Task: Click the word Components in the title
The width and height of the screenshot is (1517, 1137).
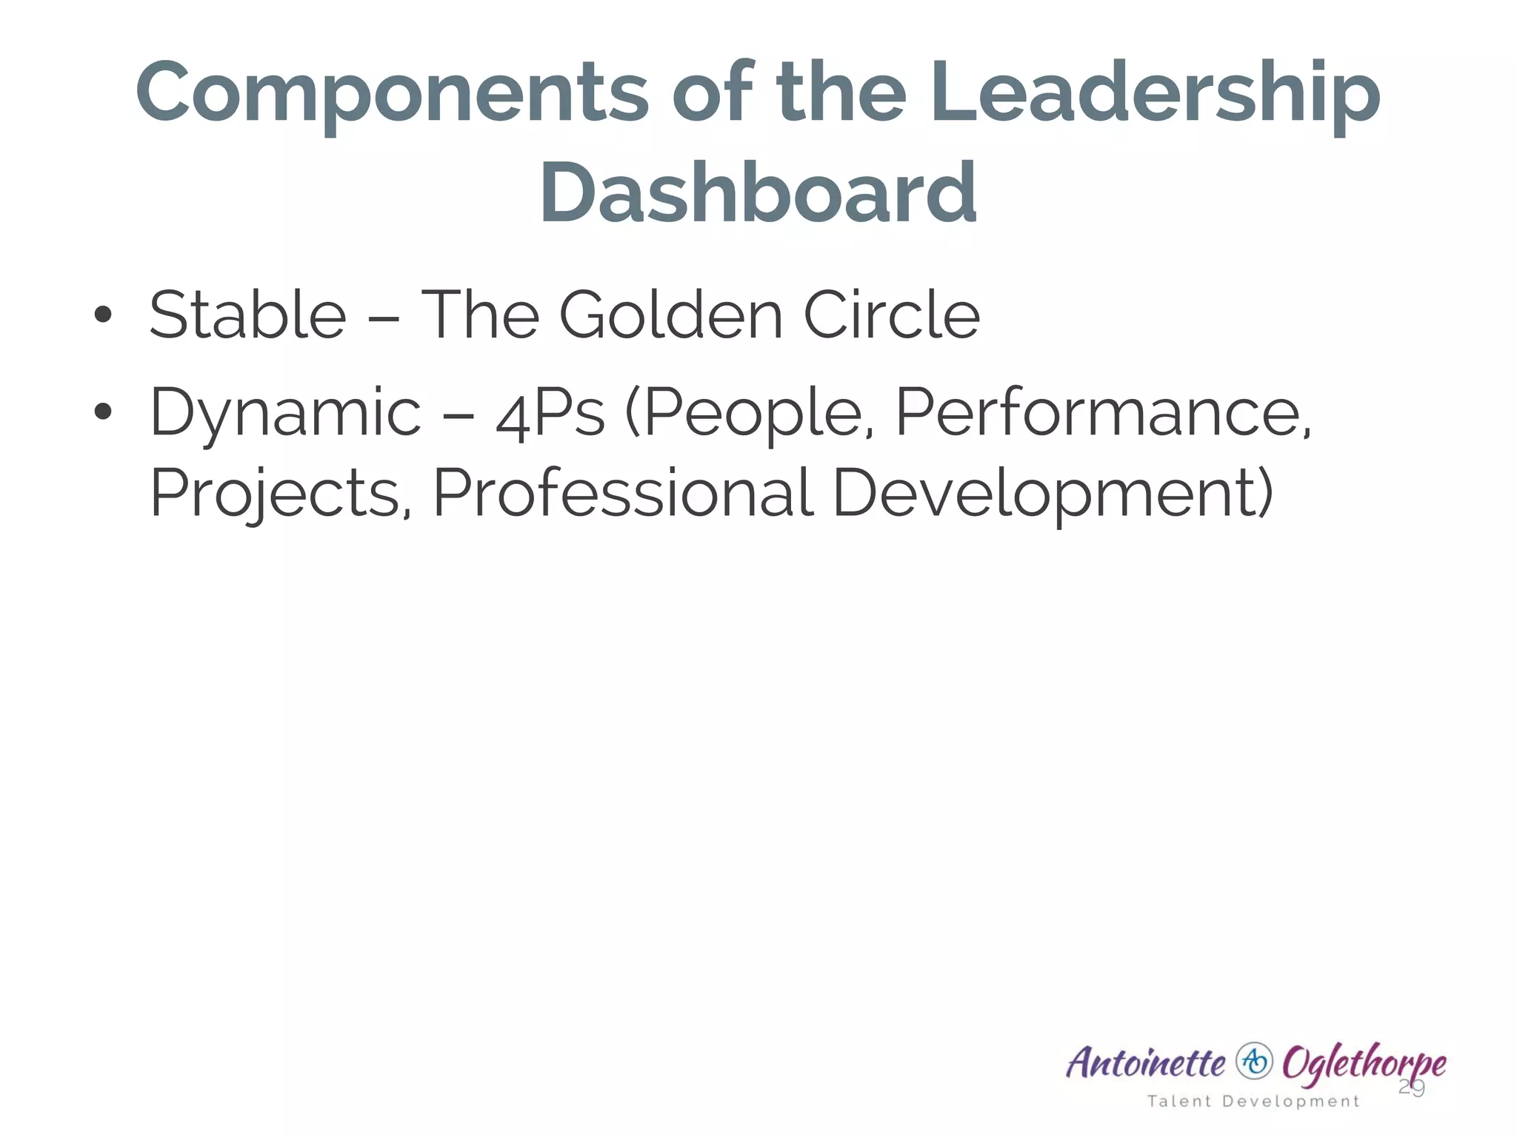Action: coord(392,95)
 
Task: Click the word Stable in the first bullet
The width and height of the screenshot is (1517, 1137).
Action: coord(247,315)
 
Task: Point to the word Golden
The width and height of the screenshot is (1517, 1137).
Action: coord(670,315)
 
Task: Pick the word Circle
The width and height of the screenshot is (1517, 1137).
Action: coord(891,315)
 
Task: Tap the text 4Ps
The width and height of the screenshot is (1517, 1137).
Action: coord(550,413)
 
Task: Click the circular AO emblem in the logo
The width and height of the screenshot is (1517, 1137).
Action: coord(1253,1061)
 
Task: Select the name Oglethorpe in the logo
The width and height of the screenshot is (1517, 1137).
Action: coord(1363,1064)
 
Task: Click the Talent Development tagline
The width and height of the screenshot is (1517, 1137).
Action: coord(1253,1101)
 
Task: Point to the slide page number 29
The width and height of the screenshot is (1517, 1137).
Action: coord(1411,1087)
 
